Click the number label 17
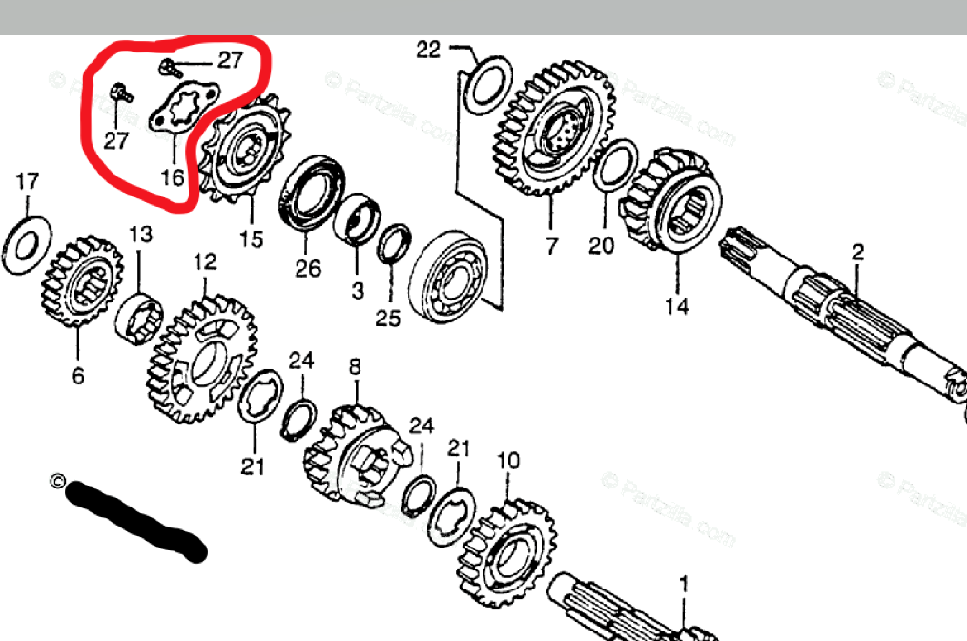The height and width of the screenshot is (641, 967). [28, 180]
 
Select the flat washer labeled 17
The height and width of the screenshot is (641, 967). [28, 240]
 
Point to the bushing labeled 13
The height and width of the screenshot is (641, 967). [139, 318]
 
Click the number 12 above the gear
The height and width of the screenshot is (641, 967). [205, 261]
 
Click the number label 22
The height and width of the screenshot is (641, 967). [429, 50]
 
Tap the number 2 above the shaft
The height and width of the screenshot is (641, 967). [857, 252]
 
